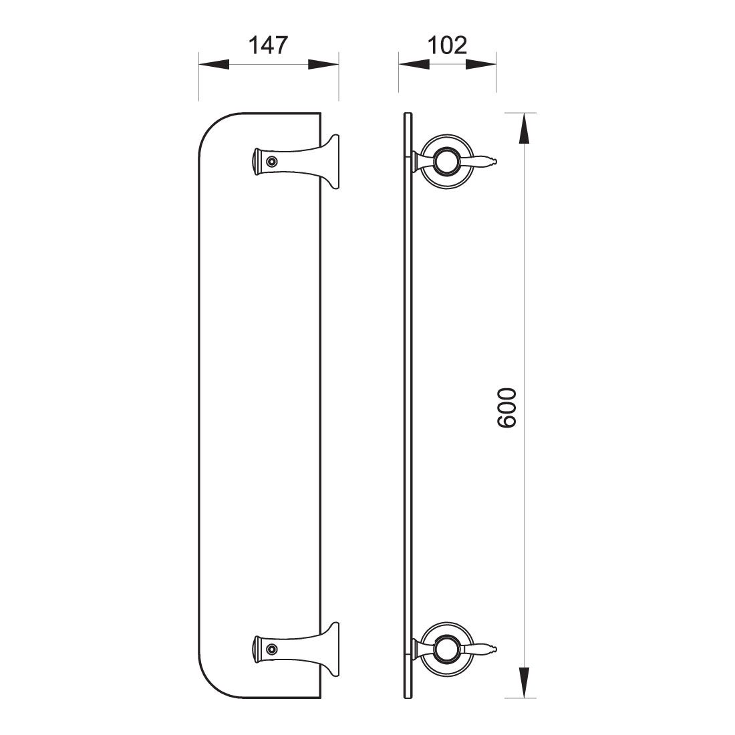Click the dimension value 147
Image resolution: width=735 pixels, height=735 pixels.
pos(268,45)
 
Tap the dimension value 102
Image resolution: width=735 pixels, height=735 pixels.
pos(447,45)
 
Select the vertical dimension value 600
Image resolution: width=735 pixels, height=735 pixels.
pos(506,408)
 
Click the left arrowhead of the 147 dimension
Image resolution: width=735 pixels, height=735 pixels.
pos(214,65)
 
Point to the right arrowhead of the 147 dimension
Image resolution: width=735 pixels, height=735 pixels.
pos(323,65)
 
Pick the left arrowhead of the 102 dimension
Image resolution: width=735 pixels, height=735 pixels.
pos(414,65)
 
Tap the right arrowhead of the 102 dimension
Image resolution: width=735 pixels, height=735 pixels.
pos(481,65)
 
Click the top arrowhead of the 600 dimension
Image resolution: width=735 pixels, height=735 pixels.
pos(524,128)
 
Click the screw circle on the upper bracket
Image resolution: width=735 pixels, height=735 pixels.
pos(271,162)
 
